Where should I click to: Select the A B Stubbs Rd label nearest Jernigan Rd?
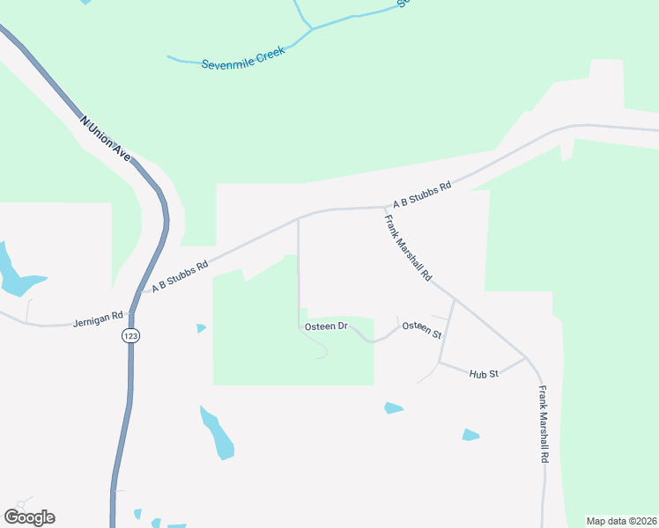[180, 275]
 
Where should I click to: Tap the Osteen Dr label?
[326, 326]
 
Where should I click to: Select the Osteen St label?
[421, 328]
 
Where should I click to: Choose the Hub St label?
[484, 374]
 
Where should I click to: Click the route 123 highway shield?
[131, 335]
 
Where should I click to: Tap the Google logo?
[29, 517]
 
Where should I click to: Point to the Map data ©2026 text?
[621, 521]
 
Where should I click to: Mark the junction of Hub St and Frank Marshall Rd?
[526, 357]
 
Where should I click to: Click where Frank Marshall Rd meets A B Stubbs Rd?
[383, 209]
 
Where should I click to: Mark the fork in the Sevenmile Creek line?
[311, 29]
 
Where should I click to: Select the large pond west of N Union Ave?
[16, 273]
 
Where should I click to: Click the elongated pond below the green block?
[218, 433]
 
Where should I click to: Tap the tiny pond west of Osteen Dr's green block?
[201, 328]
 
